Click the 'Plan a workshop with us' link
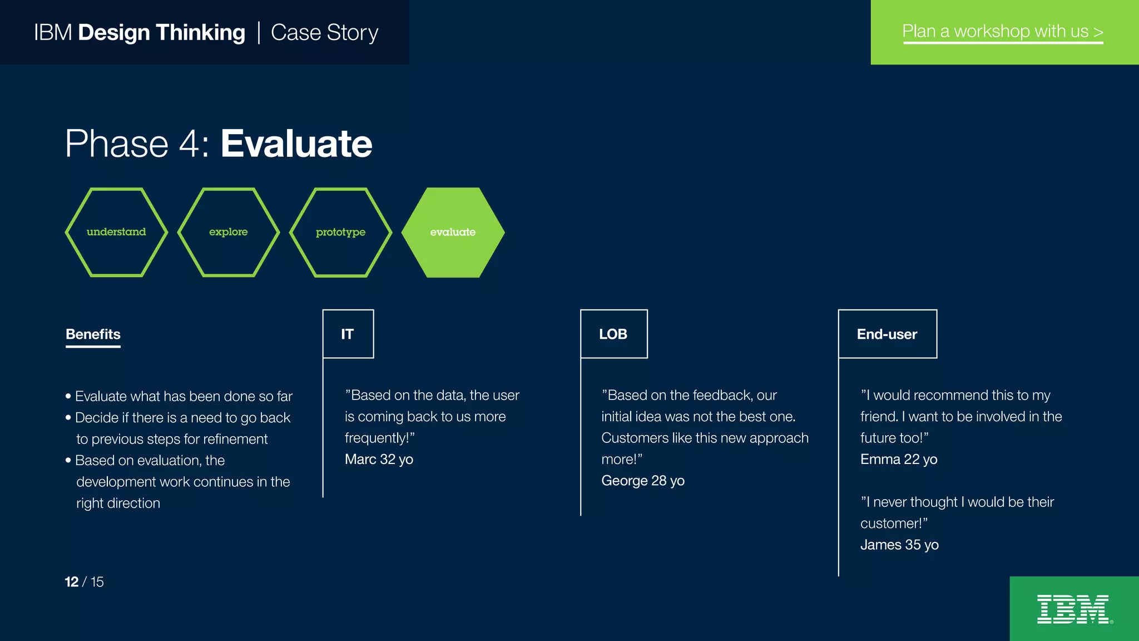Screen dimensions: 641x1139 (1002, 32)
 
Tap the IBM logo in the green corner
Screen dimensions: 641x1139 (1073, 609)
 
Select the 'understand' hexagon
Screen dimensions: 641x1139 (116, 232)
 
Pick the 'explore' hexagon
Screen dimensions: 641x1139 (229, 232)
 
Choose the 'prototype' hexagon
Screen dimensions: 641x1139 (340, 232)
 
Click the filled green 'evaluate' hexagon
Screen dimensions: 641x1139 (453, 232)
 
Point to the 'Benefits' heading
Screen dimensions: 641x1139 (93, 334)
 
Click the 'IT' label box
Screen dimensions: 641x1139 (348, 334)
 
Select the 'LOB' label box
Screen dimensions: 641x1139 (613, 334)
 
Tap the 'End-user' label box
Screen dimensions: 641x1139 (887, 334)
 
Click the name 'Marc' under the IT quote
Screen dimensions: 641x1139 (360, 460)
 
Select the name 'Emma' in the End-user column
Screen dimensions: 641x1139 (880, 460)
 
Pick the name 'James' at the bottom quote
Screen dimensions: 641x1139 (880, 545)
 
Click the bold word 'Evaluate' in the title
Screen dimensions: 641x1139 (296, 144)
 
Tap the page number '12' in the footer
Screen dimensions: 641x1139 (71, 582)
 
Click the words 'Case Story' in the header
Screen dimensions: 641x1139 (324, 33)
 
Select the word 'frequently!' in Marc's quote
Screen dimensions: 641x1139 (377, 438)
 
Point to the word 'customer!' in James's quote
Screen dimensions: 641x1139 (891, 524)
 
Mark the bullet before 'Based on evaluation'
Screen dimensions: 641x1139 (68, 461)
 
